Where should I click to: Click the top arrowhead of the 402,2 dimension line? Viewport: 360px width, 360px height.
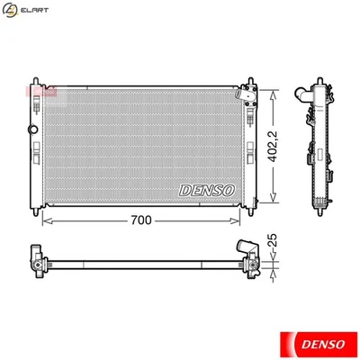pos(273,90)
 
